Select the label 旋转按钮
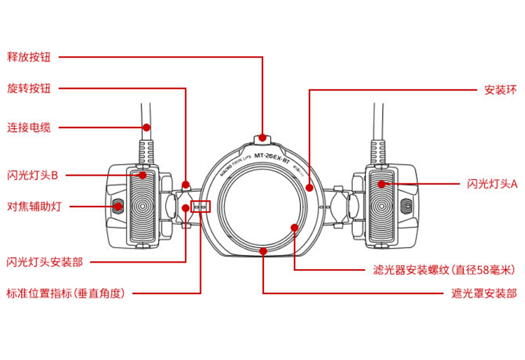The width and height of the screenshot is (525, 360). pos(33,89)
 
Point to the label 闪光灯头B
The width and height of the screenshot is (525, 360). pos(32,174)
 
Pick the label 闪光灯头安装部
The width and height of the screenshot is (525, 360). pos(44,262)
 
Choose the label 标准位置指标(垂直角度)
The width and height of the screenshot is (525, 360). pos(65,293)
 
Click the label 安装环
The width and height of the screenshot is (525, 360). pos(500,90)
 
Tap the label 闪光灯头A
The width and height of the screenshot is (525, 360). pos(492,184)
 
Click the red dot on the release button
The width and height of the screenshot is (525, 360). pos(262,137)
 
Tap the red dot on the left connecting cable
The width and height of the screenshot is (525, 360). pos(146,127)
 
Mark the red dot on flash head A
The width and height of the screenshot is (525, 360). pos(381,184)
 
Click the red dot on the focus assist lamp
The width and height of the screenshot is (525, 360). pos(118,206)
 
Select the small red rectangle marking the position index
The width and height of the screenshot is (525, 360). pos(201,207)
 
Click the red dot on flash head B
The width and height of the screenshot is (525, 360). pos(142,174)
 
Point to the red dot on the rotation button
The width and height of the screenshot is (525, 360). pos(185,186)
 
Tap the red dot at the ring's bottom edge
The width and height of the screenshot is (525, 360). pos(262,250)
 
